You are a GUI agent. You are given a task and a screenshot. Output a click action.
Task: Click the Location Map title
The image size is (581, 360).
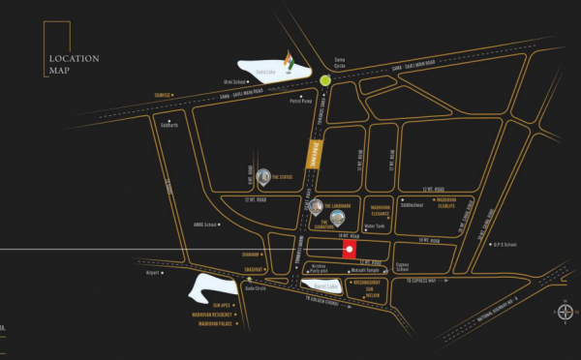[x=75, y=64]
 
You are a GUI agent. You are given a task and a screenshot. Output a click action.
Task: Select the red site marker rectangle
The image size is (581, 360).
[x=350, y=251]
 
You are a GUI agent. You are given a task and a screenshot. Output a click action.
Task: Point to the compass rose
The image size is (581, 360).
[x=565, y=313]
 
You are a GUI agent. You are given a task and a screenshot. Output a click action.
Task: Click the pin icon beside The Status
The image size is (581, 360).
[x=262, y=177]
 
